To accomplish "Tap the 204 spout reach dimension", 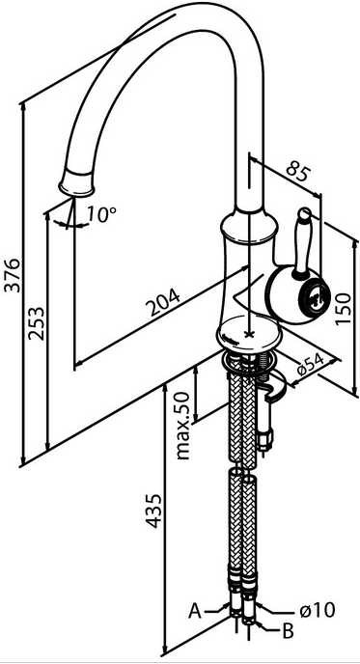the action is click(163, 301).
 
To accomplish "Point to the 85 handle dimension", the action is click(298, 170).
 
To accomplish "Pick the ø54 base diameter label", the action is click(311, 364).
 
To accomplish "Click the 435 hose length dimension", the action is click(153, 511).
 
